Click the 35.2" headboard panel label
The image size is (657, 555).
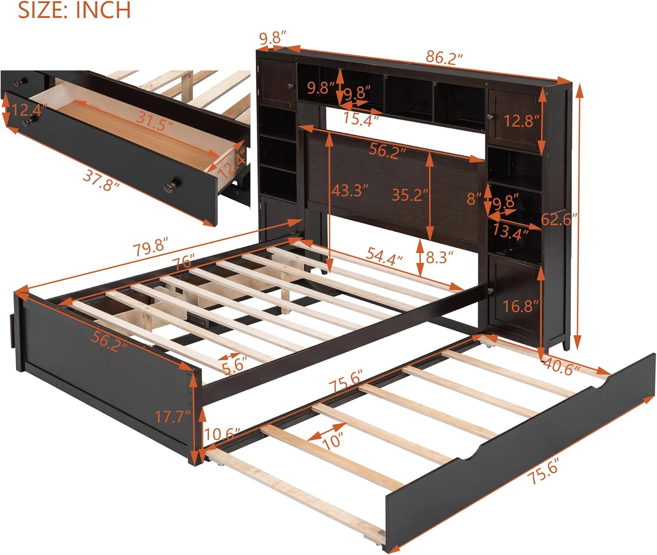(x=410, y=195)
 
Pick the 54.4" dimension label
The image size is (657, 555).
(x=385, y=258)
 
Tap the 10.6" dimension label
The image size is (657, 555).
(x=221, y=435)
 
